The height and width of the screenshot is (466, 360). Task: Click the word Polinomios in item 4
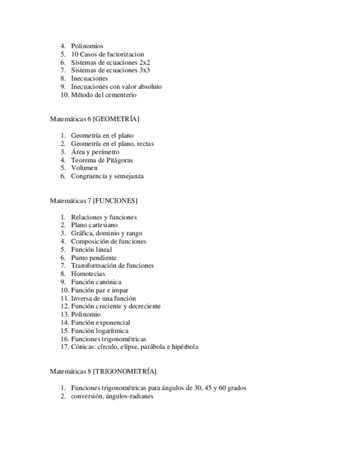[x=87, y=46]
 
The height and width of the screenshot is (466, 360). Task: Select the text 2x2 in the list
[x=145, y=63]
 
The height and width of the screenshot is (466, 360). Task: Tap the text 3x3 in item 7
[x=145, y=70]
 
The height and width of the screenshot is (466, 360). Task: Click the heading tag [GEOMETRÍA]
[x=116, y=119]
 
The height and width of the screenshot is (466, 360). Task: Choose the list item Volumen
[x=84, y=168]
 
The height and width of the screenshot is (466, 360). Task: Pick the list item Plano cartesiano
[x=94, y=225]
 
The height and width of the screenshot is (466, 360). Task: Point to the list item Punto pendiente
[x=93, y=258]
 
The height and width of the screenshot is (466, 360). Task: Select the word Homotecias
[x=88, y=274]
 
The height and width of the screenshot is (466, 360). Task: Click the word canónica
[x=109, y=282]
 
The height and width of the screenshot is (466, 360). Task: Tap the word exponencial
[x=113, y=323]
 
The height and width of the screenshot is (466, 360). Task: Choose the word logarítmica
[x=112, y=331]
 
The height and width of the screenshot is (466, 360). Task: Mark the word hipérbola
[x=185, y=347]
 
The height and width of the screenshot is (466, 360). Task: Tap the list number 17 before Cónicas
[x=64, y=347]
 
